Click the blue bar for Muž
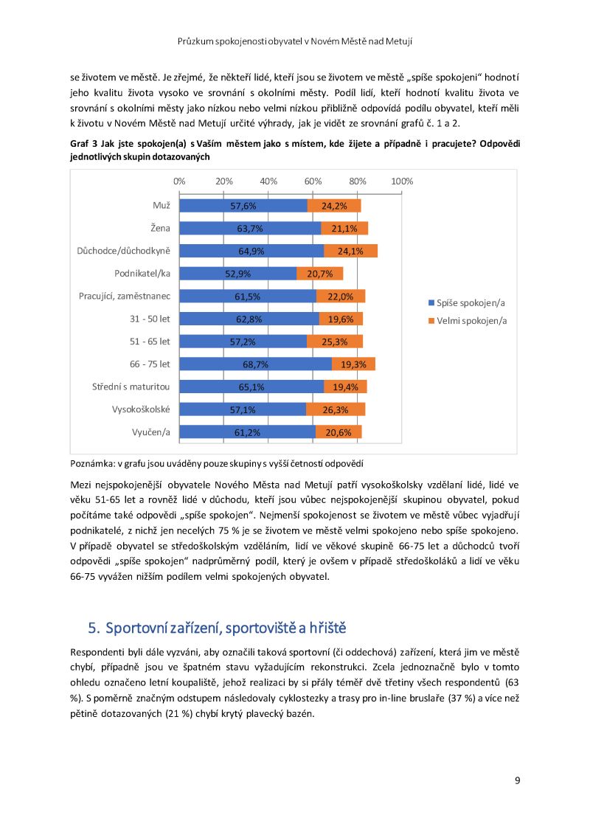[x=243, y=206]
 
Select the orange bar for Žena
[x=344, y=229]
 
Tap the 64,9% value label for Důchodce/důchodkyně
[x=251, y=252]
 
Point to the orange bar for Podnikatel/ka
[x=319, y=274]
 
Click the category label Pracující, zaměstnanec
[x=125, y=296]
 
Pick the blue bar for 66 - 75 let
[x=256, y=364]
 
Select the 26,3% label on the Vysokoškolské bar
[x=336, y=410]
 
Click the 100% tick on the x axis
[x=402, y=181]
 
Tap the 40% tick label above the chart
[x=268, y=181]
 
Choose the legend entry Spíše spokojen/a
[x=467, y=303]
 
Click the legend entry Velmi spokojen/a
[x=468, y=321]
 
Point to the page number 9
[x=517, y=780]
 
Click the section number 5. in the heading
[x=94, y=628]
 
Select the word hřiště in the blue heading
[x=327, y=628]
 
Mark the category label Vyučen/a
[x=151, y=432]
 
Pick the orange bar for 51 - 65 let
[x=335, y=342]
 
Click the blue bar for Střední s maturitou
[x=252, y=387]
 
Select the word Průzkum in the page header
[x=195, y=41]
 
